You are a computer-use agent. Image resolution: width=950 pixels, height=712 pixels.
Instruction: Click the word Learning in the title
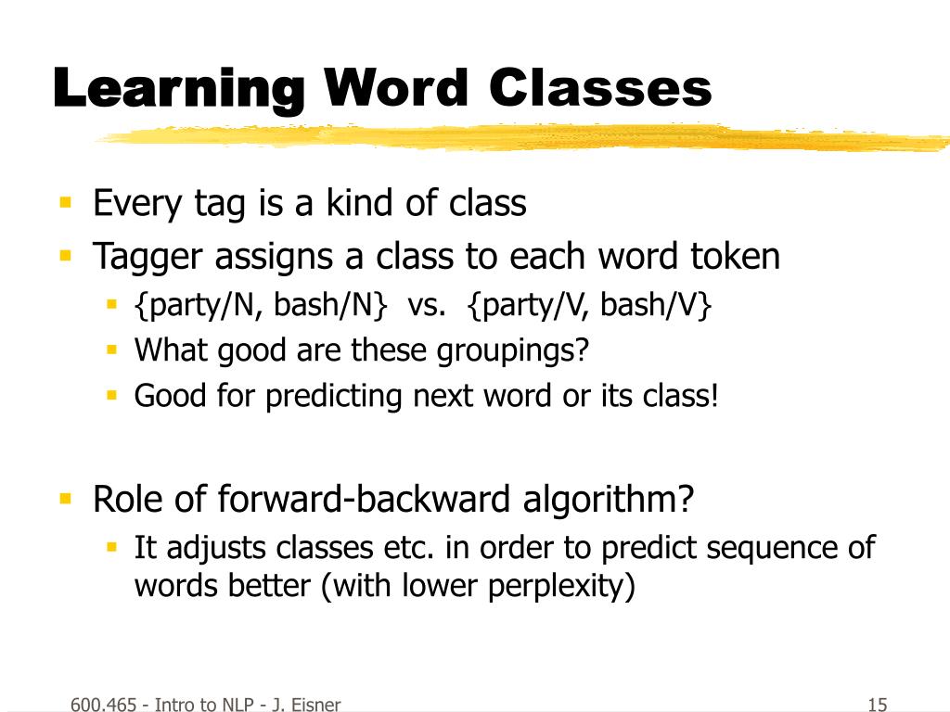(x=179, y=90)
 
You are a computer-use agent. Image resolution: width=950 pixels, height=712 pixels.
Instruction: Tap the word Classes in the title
(x=600, y=88)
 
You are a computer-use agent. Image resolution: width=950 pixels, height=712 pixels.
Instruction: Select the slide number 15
(x=878, y=705)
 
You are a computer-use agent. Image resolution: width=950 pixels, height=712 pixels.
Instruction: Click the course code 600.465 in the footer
(x=104, y=705)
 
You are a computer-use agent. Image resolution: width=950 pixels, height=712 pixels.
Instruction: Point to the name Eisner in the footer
(x=315, y=705)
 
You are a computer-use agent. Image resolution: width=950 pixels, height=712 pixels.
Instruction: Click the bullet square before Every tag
(x=66, y=201)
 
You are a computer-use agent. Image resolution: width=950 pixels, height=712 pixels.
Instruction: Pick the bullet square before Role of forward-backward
(x=66, y=499)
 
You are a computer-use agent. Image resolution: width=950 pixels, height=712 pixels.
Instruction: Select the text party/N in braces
(x=203, y=304)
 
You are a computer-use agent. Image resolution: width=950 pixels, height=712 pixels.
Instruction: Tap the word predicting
(x=334, y=397)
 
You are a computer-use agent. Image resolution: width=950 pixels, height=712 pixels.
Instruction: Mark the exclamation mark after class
(x=714, y=395)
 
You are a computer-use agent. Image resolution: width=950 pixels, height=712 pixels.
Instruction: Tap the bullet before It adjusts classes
(x=111, y=547)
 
